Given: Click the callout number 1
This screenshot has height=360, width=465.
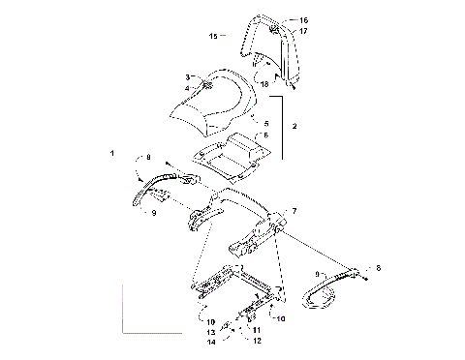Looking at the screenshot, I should pos(112,154).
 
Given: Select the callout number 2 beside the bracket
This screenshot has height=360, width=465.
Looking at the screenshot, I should pos(294,127).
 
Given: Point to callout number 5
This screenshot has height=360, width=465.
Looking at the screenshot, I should pos(266,124).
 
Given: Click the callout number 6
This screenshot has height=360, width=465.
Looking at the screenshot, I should pos(266,135).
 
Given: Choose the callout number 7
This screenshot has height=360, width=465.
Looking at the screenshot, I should pos(295,210).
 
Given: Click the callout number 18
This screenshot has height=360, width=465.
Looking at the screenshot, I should pos(263,84).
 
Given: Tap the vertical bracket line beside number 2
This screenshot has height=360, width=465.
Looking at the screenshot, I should pos(281,126).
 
